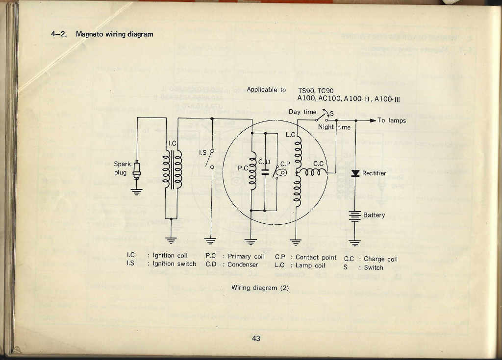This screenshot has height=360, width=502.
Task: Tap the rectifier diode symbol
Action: [x=355, y=173]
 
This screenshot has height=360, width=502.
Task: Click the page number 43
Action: [x=256, y=338]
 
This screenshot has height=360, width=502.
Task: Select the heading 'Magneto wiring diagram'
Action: [x=114, y=34]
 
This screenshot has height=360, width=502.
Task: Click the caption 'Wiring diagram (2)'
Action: [x=260, y=288]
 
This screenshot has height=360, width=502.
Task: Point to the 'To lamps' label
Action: [x=392, y=120]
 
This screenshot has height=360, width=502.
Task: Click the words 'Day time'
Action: [x=302, y=112]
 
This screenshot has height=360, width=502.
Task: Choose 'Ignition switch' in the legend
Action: [x=175, y=264]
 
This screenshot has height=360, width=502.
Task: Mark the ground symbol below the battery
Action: [x=354, y=241]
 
